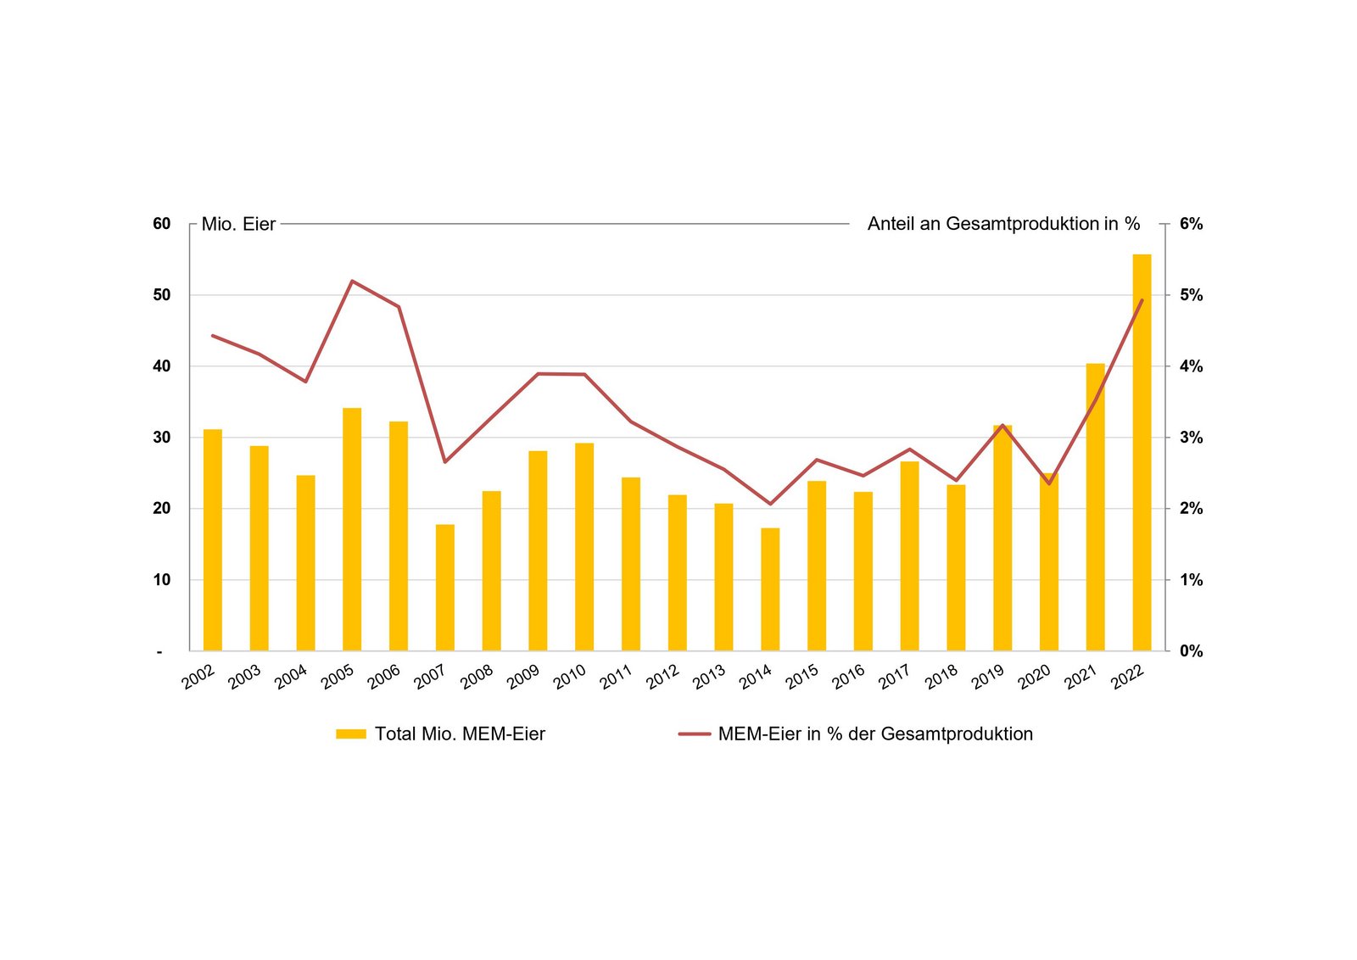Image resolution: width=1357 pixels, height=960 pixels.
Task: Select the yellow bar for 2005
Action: (352, 529)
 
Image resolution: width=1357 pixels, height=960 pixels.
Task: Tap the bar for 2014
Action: (770, 589)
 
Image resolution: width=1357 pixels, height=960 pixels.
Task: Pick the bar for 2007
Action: (445, 588)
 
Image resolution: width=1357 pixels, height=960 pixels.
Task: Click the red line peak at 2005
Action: (352, 281)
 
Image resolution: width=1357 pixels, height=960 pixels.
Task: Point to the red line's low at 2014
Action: (770, 504)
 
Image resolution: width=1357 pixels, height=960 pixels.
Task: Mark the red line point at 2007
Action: (445, 461)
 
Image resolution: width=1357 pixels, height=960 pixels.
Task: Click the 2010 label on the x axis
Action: (569, 677)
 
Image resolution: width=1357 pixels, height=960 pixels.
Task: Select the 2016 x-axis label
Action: (848, 677)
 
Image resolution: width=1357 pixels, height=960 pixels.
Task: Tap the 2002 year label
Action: (198, 677)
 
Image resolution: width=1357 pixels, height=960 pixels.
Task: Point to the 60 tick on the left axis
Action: (161, 224)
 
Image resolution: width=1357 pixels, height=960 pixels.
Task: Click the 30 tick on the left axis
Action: (161, 438)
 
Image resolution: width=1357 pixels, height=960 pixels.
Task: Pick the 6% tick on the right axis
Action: (1191, 224)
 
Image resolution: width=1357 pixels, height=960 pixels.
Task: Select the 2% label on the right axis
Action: (1191, 509)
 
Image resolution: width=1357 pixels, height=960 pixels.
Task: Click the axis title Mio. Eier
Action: (238, 224)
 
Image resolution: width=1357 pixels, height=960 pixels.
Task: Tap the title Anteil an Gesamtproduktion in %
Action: (1003, 224)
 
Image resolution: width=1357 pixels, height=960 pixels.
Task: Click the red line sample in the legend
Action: (694, 734)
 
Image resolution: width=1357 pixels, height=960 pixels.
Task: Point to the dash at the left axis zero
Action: (159, 651)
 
